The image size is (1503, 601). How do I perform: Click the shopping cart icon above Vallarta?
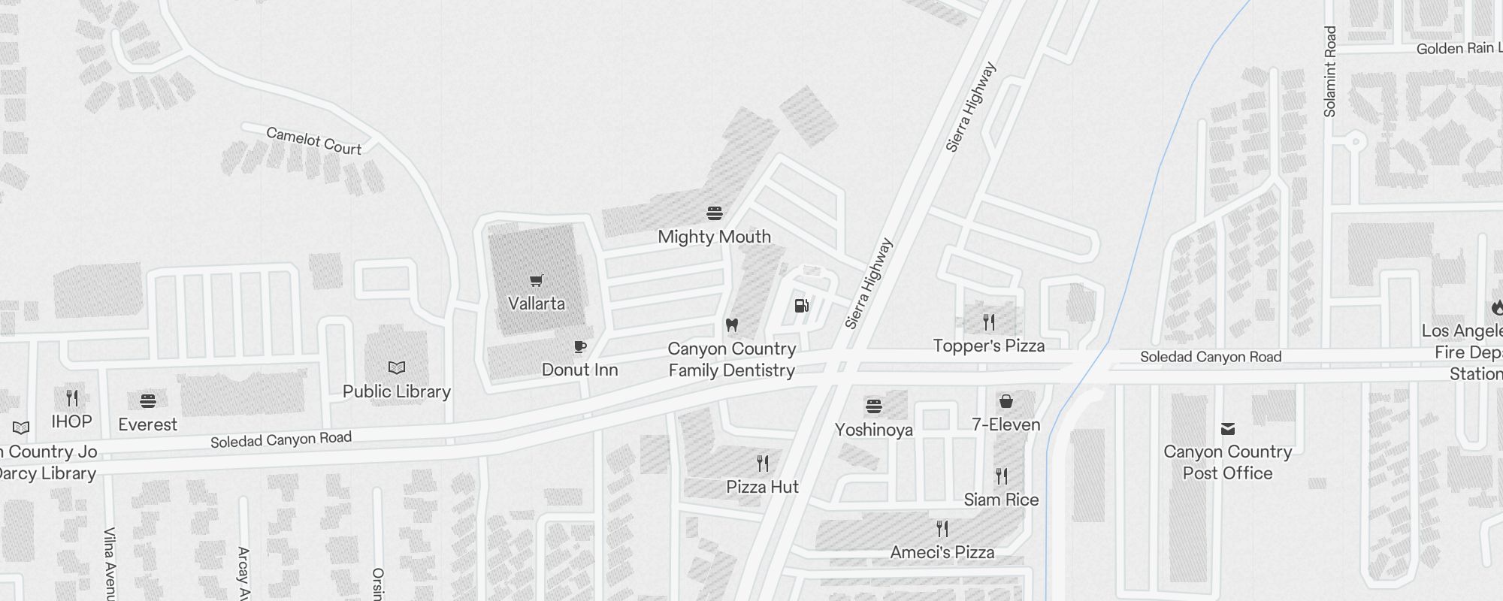[x=536, y=281]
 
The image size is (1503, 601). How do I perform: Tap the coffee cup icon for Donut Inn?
[x=580, y=347]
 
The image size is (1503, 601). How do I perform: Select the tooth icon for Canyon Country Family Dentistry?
[x=732, y=325]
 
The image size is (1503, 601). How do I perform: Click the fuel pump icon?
[x=802, y=305]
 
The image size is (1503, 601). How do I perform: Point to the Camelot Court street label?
[x=314, y=141]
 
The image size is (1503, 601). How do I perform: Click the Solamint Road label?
[x=1330, y=72]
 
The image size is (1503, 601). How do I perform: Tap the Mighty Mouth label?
[x=714, y=237]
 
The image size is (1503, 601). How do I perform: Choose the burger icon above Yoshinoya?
[x=873, y=406]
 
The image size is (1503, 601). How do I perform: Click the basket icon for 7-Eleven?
[x=1006, y=401]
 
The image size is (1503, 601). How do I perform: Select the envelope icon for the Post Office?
[x=1228, y=429]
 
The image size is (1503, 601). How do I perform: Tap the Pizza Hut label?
[x=762, y=487]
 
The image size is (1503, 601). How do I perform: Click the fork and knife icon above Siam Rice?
[x=1001, y=476]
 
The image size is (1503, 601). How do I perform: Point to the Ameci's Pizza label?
[x=942, y=552]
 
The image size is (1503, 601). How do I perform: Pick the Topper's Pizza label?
[x=988, y=346]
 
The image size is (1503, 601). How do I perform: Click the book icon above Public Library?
[x=397, y=367]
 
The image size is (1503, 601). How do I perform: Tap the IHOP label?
[x=71, y=421]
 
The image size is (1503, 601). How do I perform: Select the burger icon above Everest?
[x=148, y=400]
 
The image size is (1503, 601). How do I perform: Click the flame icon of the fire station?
[x=1496, y=307]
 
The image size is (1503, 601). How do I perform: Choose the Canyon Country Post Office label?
[x=1227, y=462]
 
